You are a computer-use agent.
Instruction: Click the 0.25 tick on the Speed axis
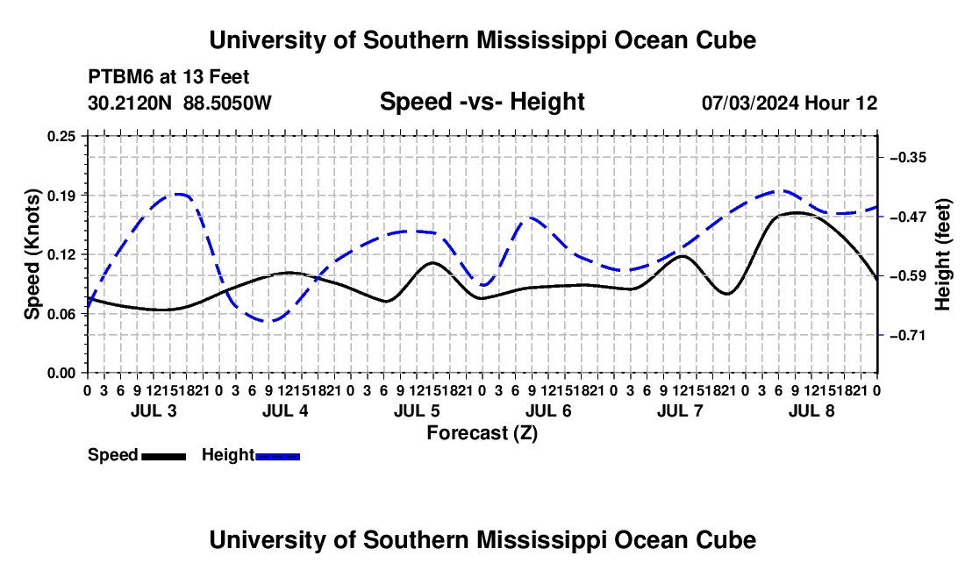tap(61, 136)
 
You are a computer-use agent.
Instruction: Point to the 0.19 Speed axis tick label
tap(61, 196)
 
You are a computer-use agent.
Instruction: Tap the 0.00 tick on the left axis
tap(61, 374)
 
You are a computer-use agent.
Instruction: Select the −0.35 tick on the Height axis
tap(908, 158)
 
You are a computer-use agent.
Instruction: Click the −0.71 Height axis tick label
tap(908, 336)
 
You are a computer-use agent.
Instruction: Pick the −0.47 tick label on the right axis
tap(908, 217)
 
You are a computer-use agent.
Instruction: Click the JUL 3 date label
tap(154, 410)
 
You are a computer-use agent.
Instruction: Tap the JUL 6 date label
tap(548, 410)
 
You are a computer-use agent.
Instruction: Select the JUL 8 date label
tap(811, 410)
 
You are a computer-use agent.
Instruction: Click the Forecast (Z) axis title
tap(482, 433)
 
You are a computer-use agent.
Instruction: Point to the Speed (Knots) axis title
tap(32, 254)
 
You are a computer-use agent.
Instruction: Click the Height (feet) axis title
tap(943, 254)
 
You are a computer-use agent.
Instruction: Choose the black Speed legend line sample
tap(164, 457)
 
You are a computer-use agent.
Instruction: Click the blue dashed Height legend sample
tap(277, 457)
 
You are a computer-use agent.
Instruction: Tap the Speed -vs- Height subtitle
tap(482, 102)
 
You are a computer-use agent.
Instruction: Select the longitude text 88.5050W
tap(227, 103)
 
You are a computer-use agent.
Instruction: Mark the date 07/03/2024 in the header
tap(750, 103)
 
